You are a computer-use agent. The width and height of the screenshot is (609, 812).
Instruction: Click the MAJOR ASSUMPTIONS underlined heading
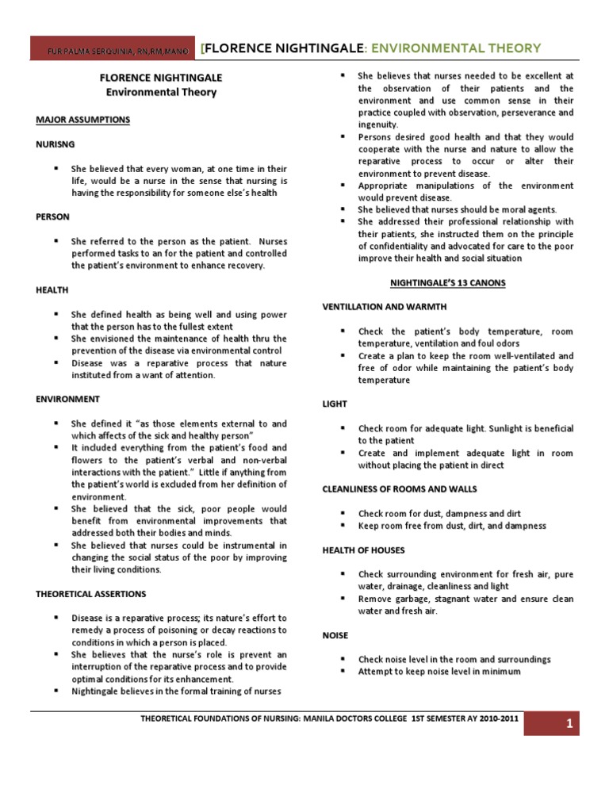[x=82, y=120]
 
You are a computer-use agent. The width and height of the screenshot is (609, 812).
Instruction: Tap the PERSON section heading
[x=52, y=216]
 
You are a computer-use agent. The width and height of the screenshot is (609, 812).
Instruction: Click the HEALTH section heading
[x=52, y=291]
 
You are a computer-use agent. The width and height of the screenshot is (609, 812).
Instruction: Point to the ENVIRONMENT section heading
[x=67, y=399]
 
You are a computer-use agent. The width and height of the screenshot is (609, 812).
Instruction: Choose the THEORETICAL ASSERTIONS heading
[x=90, y=593]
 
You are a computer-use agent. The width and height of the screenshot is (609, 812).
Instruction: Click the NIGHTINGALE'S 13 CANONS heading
[x=447, y=283]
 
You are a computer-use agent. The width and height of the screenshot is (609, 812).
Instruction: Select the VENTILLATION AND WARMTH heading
[x=384, y=306]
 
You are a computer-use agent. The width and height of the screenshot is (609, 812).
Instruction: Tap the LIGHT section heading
[x=334, y=404]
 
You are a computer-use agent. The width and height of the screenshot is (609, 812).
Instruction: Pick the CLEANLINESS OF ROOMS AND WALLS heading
[x=399, y=488]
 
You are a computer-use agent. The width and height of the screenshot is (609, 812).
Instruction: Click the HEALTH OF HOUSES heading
[x=363, y=550]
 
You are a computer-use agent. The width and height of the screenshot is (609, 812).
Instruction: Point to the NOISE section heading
[x=335, y=635]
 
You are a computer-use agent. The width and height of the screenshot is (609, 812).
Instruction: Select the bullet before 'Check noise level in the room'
[x=341, y=659]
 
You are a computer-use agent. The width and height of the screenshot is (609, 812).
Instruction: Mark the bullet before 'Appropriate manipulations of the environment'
[x=341, y=186]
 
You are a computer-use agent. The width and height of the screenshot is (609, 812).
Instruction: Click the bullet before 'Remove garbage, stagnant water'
[x=341, y=599]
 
